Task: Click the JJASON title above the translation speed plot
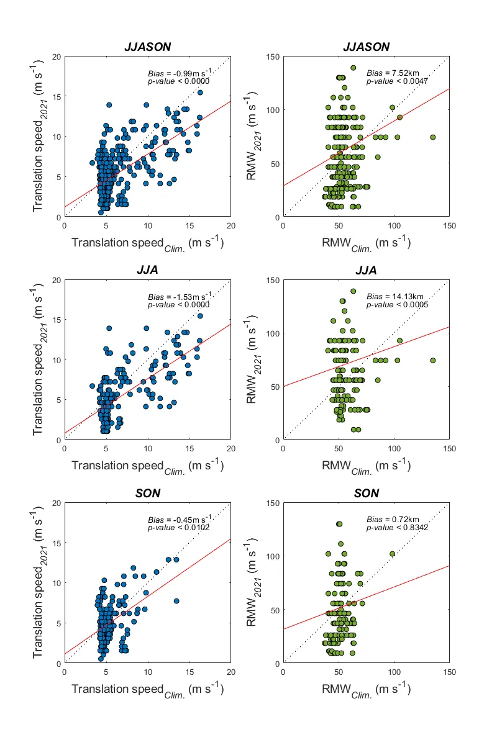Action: click(x=147, y=47)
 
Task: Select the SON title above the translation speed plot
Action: click(x=147, y=494)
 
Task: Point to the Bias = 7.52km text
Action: click(x=391, y=73)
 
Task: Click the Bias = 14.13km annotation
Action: click(x=393, y=296)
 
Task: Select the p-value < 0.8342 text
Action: click(x=397, y=528)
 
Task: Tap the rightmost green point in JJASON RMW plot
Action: click(x=433, y=137)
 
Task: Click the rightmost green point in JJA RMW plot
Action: click(x=433, y=360)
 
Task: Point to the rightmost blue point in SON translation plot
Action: click(x=176, y=601)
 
